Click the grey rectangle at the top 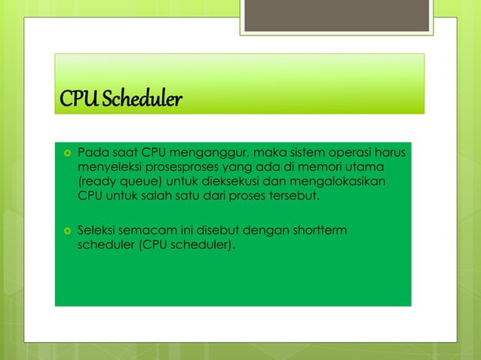[x=336, y=15]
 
